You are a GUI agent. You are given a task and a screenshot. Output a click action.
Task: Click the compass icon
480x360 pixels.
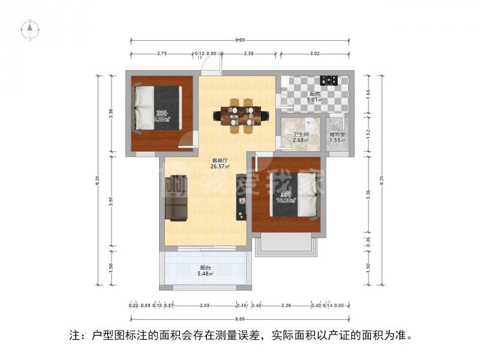click(x=30, y=29)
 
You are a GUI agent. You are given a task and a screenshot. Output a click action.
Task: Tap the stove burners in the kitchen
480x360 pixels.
click(x=329, y=80)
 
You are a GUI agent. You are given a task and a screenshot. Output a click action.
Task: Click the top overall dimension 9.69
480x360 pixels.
click(x=240, y=40)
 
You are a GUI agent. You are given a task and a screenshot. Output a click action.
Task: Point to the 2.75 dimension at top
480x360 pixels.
click(x=161, y=54)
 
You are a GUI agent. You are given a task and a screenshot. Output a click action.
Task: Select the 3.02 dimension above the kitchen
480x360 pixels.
click(x=316, y=54)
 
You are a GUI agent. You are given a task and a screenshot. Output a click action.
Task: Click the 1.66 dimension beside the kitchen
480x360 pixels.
click(x=368, y=93)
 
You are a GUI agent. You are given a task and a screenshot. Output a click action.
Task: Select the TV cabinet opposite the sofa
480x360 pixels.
click(x=241, y=197)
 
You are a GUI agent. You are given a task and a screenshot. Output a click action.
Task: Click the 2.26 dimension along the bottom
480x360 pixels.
click(x=286, y=305)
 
